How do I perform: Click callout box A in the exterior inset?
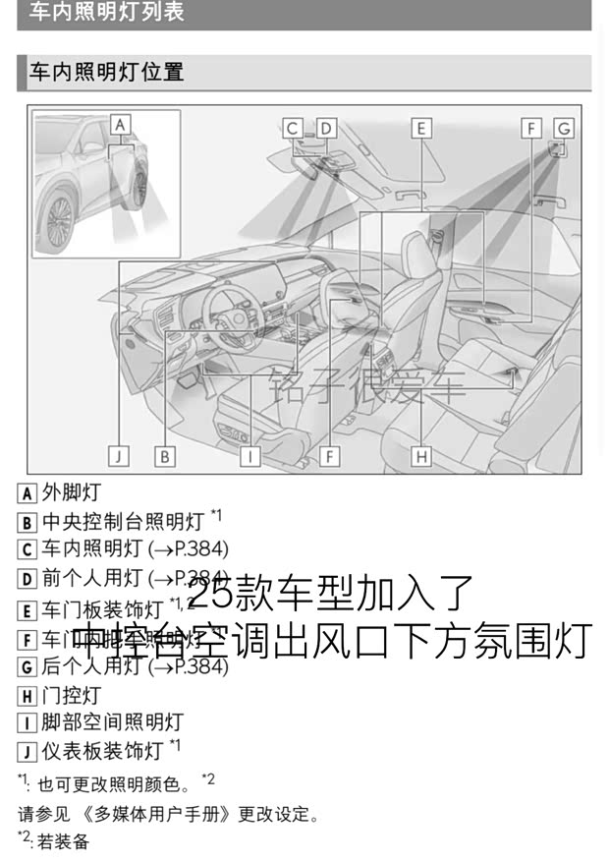coord(120,125)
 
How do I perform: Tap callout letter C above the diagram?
coord(293,128)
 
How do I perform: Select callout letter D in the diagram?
coord(326,128)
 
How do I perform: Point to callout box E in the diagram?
coord(420,128)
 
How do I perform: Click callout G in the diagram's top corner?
coord(563,128)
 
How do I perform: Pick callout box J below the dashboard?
coord(118,455)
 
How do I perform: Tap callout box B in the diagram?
coord(165,455)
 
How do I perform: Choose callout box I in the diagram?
coord(250,455)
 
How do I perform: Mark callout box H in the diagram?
coord(420,455)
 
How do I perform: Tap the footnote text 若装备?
coord(63,841)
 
